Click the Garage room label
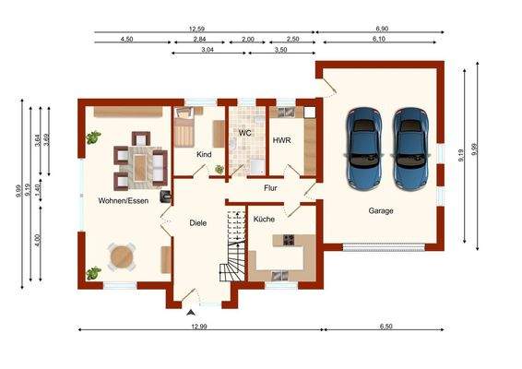pos(381,211)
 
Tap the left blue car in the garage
pos(363,149)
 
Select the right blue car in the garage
pos(410,149)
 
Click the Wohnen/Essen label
pos(124,201)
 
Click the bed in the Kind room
pos(184,127)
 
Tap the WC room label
pos(244,133)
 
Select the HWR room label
pos(281,140)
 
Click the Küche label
pos(264,220)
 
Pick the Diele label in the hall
pos(198,223)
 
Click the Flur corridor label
pos(270,188)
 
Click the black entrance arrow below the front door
pos(191,313)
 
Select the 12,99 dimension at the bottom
pos(199,327)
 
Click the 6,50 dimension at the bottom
pos(386,327)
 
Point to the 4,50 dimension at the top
pos(127,39)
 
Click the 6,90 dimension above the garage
pos(382,29)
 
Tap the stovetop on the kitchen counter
pos(289,240)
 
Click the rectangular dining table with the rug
pos(141,164)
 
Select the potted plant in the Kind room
pos(219,170)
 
